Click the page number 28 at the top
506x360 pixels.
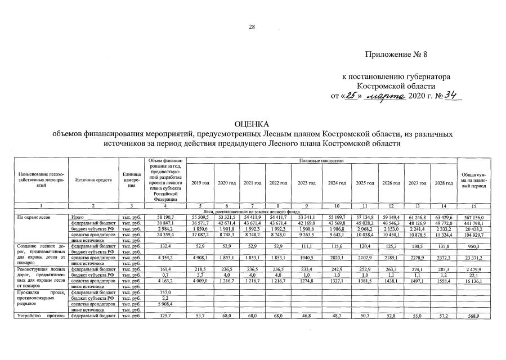point(253,26)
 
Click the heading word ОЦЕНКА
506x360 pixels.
point(253,124)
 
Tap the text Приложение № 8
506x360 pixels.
point(402,55)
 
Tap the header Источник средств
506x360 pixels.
point(92,179)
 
